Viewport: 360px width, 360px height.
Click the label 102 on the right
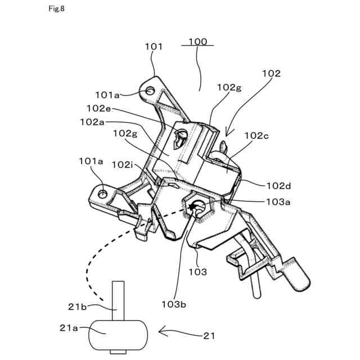click(271, 73)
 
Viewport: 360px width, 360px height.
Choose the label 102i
click(122, 164)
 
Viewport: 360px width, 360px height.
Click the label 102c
click(256, 136)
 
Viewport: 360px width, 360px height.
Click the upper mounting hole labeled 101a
click(150, 90)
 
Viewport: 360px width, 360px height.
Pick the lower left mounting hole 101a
click(103, 193)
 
